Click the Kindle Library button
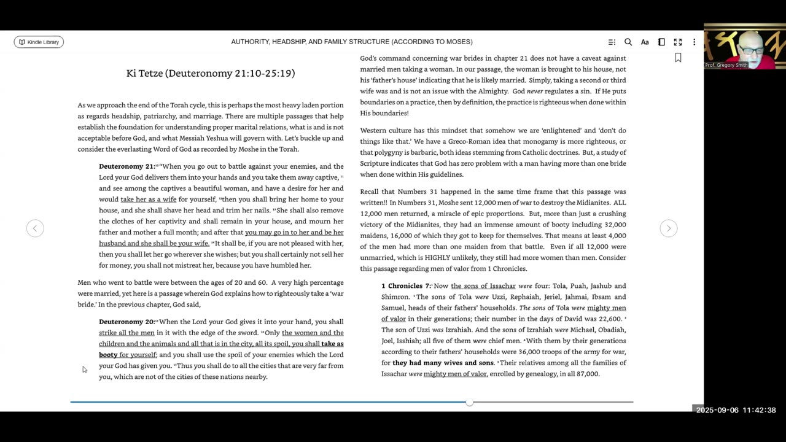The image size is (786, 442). (x=39, y=42)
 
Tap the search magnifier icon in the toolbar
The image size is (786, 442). (x=628, y=42)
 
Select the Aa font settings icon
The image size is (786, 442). (x=645, y=42)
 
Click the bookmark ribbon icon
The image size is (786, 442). (x=678, y=58)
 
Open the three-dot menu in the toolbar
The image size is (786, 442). (x=694, y=42)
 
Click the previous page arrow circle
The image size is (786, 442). (x=35, y=228)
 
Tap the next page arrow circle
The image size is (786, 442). (x=669, y=228)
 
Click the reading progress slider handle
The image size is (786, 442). (x=470, y=402)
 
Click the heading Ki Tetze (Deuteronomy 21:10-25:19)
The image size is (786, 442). (x=211, y=73)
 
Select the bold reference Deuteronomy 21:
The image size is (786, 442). (x=127, y=166)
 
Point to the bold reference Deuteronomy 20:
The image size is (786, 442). (x=127, y=322)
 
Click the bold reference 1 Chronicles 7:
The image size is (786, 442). (x=406, y=286)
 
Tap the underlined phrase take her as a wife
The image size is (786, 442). (x=148, y=200)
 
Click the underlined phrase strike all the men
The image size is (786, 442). (x=126, y=333)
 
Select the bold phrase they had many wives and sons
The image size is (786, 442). (x=443, y=363)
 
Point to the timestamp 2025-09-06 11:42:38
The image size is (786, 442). (x=736, y=410)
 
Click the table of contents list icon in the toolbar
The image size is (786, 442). (x=612, y=42)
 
